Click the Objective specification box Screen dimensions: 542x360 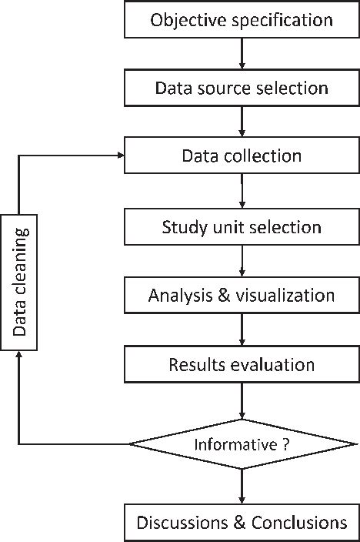(242, 19)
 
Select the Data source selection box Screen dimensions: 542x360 (242, 87)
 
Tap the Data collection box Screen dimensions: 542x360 (242, 156)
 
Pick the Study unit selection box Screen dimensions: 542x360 (242, 227)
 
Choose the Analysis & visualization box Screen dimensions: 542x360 (242, 295)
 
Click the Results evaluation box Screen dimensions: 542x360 (242, 363)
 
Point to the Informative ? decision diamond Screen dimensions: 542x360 (242, 444)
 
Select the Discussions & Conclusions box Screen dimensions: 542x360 (242, 523)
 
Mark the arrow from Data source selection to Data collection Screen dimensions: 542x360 (242, 122)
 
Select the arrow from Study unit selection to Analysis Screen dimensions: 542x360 (242, 262)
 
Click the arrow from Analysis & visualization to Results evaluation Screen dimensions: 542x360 (242, 330)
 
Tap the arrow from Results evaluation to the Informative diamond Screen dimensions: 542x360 (242, 400)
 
